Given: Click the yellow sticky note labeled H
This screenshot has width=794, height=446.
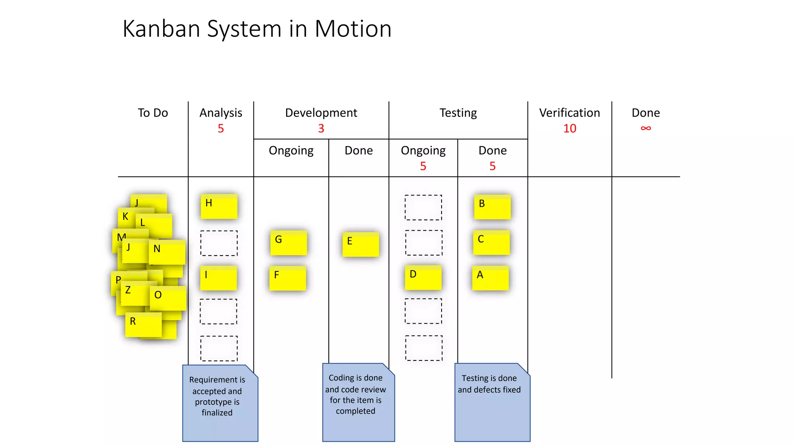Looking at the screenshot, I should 219,206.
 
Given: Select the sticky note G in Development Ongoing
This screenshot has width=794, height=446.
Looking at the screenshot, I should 288,243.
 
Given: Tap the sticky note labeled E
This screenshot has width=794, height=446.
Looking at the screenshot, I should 361,244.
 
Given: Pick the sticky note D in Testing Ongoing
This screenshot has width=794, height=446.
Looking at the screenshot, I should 423,278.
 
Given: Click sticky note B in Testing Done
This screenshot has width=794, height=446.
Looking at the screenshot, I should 492,207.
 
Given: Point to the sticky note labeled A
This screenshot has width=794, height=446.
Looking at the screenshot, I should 490,278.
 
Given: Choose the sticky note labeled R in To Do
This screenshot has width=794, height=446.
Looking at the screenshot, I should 143,324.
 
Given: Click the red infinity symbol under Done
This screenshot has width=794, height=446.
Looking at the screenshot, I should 646,128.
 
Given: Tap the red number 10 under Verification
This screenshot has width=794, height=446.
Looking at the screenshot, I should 570,128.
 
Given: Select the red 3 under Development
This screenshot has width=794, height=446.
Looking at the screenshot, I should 321,128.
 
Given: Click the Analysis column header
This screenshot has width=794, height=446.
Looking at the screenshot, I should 221,113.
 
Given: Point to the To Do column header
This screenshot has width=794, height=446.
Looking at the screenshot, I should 153,113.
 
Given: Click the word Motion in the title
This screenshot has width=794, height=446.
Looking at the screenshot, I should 353,29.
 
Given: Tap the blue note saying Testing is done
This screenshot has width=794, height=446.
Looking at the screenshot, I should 492,403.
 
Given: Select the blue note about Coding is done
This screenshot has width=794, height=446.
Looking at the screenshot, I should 358,403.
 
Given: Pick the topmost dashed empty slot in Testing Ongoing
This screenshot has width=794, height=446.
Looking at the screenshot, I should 423,208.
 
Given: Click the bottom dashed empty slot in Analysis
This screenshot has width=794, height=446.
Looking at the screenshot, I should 219,348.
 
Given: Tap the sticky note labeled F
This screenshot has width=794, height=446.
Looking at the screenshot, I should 288,278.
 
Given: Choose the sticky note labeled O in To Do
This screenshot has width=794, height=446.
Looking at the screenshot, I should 168,298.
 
